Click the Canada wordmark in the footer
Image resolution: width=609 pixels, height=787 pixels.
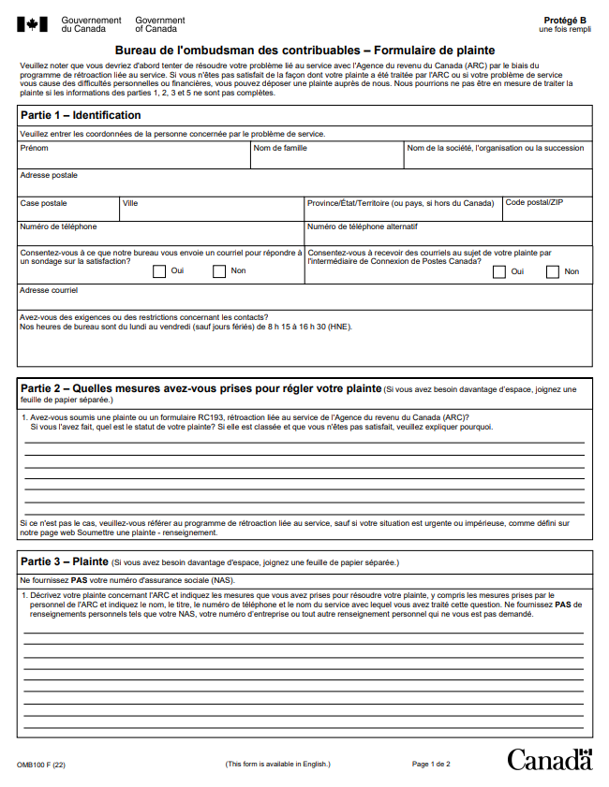point(550,759)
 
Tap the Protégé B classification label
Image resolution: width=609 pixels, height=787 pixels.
point(565,20)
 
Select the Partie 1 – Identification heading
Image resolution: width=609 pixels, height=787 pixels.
point(81,115)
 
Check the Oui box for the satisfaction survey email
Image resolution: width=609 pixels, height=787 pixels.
point(159,271)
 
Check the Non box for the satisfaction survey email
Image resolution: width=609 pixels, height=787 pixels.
point(219,271)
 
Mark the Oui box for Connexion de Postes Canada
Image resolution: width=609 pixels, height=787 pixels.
point(499,271)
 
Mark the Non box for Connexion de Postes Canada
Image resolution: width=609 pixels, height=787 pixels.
point(551,271)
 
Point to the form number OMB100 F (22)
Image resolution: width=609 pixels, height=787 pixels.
point(41,765)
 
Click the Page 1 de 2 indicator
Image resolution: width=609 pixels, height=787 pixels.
point(431,765)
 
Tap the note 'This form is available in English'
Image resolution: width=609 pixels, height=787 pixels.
point(277,765)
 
